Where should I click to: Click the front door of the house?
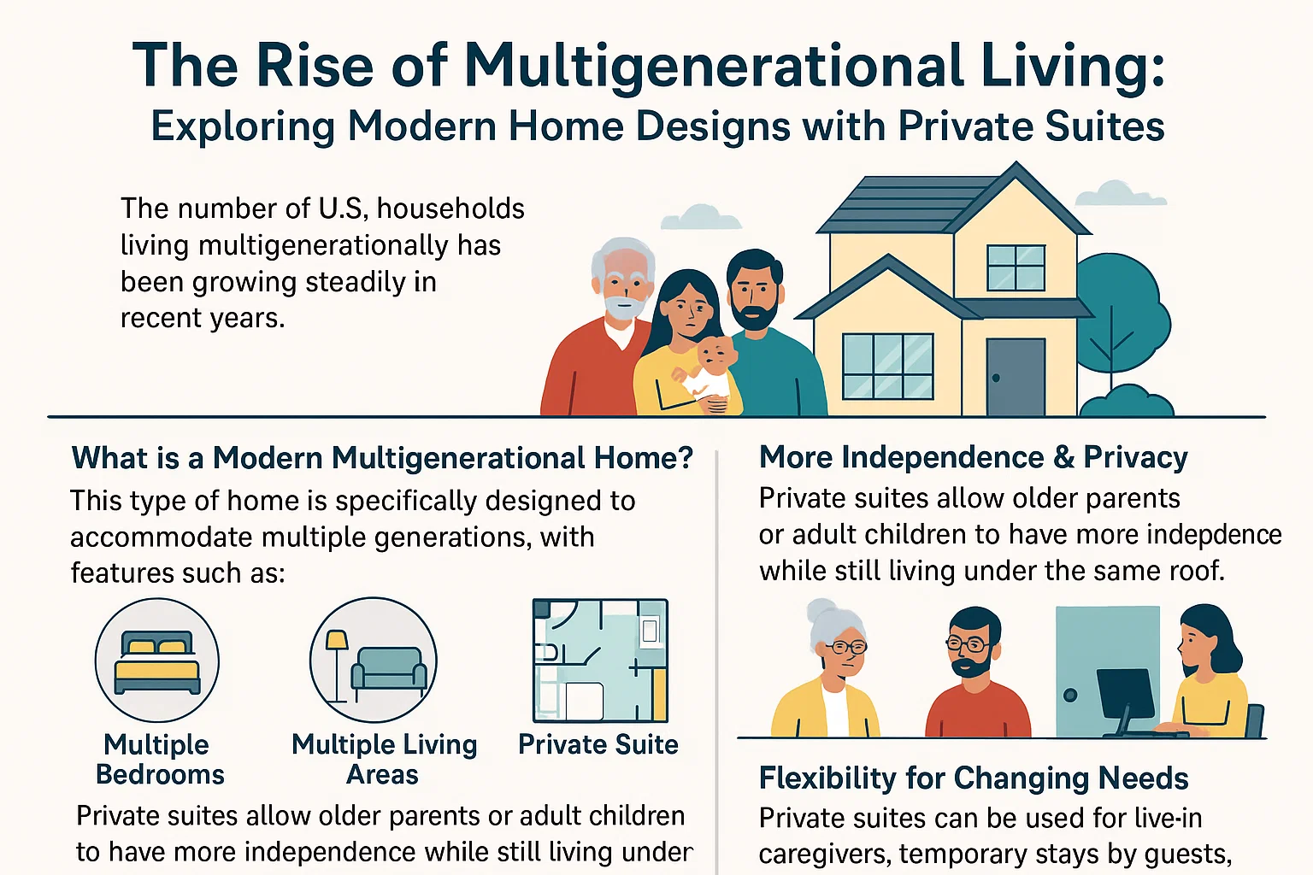pyautogui.click(x=1016, y=376)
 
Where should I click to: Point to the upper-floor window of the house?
pyautogui.click(x=1016, y=267)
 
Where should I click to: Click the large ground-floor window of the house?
pyautogui.click(x=887, y=366)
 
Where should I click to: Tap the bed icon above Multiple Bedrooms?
pyautogui.click(x=157, y=661)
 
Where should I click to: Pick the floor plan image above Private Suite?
pyautogui.click(x=600, y=661)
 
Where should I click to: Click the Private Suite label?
pyautogui.click(x=598, y=744)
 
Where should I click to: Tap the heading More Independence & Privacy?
pyautogui.click(x=973, y=457)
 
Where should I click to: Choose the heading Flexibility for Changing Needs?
pyautogui.click(x=973, y=778)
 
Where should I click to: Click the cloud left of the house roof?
pyautogui.click(x=701, y=218)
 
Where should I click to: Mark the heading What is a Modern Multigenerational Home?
pyautogui.click(x=382, y=458)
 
